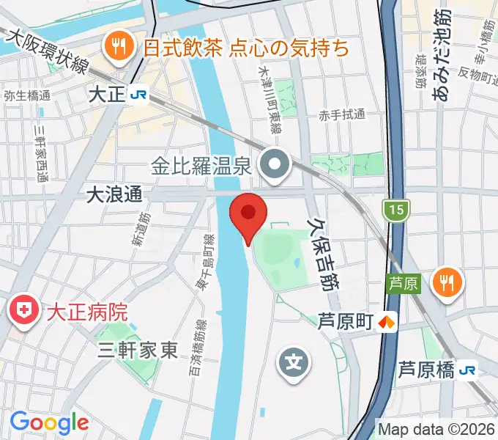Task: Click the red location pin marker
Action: tap(248, 214)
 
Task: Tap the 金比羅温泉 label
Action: tap(202, 166)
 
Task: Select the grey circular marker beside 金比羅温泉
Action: tap(277, 166)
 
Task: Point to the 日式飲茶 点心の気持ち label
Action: tap(245, 48)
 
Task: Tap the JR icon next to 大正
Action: tap(137, 95)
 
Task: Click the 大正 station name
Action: tap(105, 95)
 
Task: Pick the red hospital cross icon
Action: tap(23, 311)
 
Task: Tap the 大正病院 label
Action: tap(87, 312)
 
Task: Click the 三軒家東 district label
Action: tap(138, 351)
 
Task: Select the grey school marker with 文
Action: tap(293, 363)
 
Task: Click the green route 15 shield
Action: tap(395, 211)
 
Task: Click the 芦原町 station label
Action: tap(346, 321)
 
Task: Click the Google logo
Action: tap(49, 422)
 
